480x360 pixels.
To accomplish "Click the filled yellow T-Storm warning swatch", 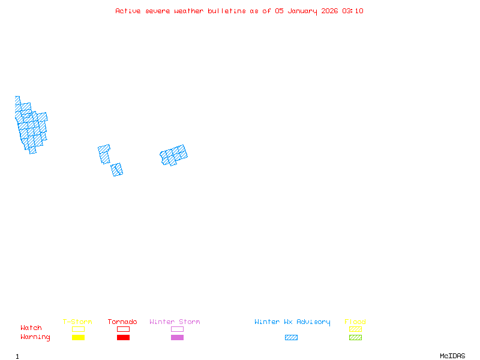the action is pos(78,338).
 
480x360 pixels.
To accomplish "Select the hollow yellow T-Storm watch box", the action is pos(78,329).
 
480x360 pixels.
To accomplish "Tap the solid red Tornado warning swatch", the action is pos(123,338).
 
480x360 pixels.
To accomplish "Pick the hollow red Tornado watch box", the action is pos(123,329).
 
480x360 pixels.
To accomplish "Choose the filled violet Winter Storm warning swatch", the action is pos(177,338).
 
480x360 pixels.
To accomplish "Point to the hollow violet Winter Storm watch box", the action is pos(177,329).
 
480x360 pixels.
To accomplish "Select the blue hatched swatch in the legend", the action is pos(291,338).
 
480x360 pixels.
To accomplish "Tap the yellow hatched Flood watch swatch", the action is pos(355,329).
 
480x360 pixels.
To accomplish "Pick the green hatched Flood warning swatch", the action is pos(355,338).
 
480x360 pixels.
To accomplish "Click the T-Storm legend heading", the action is pos(77,322).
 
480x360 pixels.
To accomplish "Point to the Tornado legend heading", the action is pos(122,322).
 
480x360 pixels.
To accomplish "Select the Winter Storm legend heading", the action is pos(175,322).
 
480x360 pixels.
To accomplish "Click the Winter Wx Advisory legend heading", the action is pos(292,322).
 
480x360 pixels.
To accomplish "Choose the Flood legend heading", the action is pos(355,322).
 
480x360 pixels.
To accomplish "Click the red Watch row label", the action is pos(31,328).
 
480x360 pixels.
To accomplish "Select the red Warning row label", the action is pos(35,337).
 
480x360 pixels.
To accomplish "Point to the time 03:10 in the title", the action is pos(353,11).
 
